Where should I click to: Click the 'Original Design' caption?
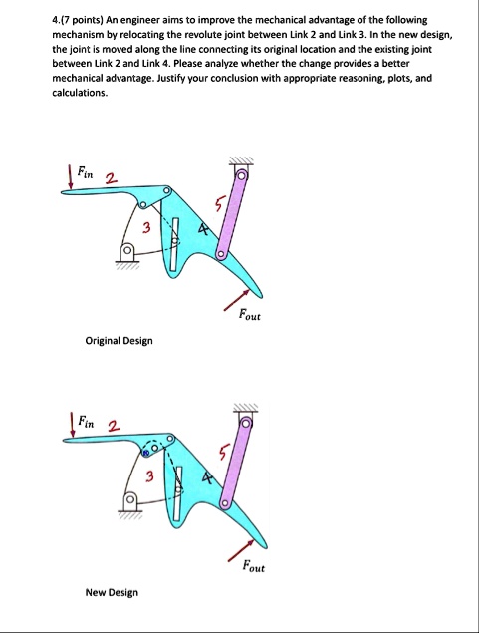[119, 341]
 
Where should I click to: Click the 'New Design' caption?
[112, 593]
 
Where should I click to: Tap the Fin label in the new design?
[86, 422]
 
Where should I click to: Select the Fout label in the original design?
[250, 314]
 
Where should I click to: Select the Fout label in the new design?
[254, 566]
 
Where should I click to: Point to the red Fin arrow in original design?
[71, 176]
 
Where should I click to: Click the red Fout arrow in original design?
[237, 300]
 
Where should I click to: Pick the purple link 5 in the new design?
[235, 464]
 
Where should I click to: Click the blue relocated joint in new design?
[146, 453]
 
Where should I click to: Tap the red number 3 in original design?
[146, 228]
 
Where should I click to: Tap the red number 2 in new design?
[114, 426]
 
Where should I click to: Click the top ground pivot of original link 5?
[241, 175]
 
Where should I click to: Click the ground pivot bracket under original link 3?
[127, 254]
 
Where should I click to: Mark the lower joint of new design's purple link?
[225, 504]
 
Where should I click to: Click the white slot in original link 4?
[174, 244]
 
